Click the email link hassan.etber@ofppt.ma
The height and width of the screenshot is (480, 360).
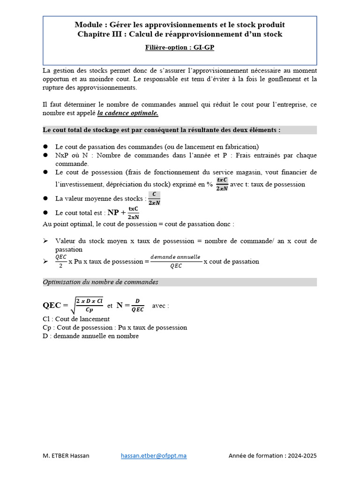click(x=154, y=456)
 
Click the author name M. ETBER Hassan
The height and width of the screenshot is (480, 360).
click(x=66, y=456)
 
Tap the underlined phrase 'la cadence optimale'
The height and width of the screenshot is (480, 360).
click(x=127, y=113)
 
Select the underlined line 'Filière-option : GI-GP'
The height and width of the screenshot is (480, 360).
click(x=180, y=47)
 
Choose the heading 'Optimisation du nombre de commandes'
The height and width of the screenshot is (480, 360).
click(x=100, y=282)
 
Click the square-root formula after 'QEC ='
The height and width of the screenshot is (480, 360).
click(x=87, y=305)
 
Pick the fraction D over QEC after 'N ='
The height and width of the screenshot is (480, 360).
click(x=137, y=305)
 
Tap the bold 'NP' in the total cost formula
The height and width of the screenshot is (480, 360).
click(x=113, y=212)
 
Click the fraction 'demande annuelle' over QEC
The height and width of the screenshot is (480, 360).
click(x=176, y=261)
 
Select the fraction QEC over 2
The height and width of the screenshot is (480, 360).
click(x=61, y=261)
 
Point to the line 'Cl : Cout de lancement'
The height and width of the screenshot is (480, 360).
click(x=76, y=319)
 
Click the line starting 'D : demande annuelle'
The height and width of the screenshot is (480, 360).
click(x=90, y=336)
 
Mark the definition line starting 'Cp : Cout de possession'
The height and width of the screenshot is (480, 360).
click(x=114, y=328)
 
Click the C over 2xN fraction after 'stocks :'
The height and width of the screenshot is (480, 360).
click(x=154, y=199)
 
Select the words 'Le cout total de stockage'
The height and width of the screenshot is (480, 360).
click(x=83, y=130)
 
